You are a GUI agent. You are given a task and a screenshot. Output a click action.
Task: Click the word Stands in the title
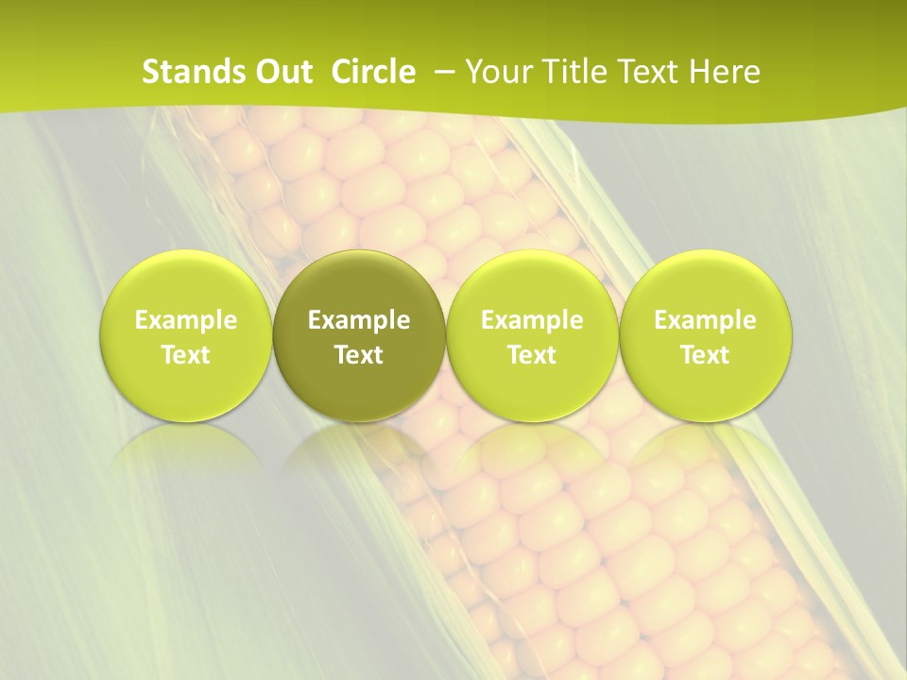pyautogui.click(x=184, y=72)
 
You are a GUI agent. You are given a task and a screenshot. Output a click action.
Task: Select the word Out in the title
pyautogui.click(x=282, y=72)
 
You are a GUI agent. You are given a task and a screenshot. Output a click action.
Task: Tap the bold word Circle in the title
pyautogui.click(x=373, y=72)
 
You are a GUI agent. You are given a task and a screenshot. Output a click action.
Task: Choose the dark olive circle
pyautogui.click(x=359, y=335)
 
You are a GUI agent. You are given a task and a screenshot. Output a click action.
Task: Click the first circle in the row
pyautogui.click(x=186, y=335)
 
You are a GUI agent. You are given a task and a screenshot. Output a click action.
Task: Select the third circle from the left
pyautogui.click(x=532, y=335)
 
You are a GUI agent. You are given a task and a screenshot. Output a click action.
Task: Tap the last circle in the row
pyautogui.click(x=705, y=335)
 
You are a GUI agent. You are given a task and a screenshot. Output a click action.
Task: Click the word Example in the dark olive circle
pyautogui.click(x=359, y=320)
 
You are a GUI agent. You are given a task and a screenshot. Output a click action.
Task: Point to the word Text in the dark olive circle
pyautogui.click(x=359, y=355)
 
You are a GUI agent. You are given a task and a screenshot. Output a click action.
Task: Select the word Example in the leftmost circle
pyautogui.click(x=186, y=320)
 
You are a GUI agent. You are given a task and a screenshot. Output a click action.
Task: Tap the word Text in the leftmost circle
pyautogui.click(x=186, y=355)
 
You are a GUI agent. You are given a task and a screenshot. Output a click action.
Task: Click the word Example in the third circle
pyautogui.click(x=532, y=320)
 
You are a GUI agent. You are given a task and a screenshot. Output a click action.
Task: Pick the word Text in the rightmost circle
pyautogui.click(x=705, y=355)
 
